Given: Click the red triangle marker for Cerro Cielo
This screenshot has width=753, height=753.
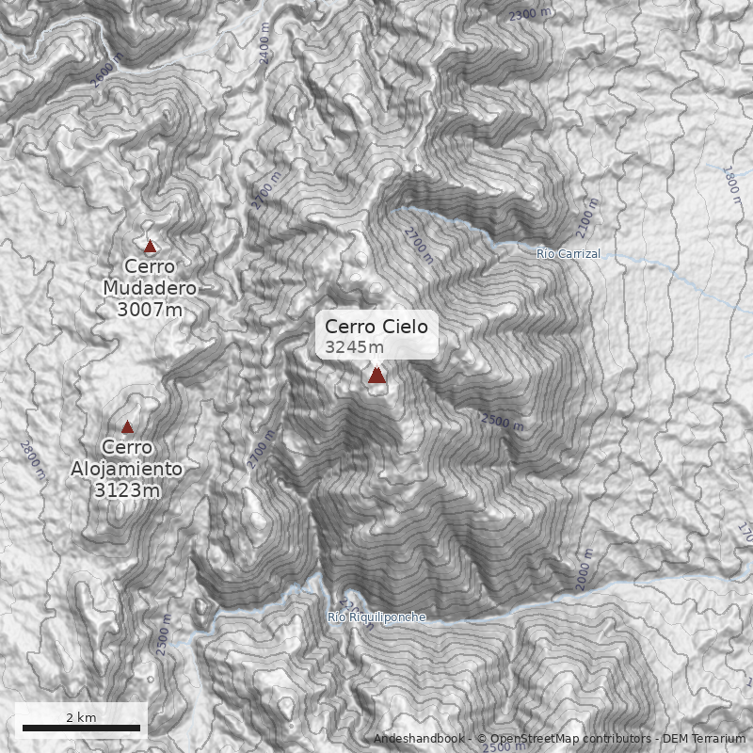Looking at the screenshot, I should tap(376, 376).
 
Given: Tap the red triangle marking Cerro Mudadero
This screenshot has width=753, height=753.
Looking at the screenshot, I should tap(150, 247).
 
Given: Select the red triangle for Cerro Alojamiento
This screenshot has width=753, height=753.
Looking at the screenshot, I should tap(127, 427).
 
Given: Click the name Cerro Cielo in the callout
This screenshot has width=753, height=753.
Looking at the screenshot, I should tap(376, 327).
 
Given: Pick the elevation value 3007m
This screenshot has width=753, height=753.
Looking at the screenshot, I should tap(151, 309).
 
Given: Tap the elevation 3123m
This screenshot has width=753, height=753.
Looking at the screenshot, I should tap(127, 489).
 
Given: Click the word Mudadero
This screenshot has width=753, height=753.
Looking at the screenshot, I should tap(151, 288).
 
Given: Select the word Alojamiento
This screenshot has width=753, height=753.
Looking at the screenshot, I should tap(127, 469).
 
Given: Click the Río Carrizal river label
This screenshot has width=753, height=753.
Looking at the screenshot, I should tap(568, 254).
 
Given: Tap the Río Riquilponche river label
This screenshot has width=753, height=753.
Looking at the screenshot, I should tap(376, 617).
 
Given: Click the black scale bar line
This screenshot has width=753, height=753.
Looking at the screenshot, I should tap(81, 729).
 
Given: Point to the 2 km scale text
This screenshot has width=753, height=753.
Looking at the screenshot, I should tap(81, 717).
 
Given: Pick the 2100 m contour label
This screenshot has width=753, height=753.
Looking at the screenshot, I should tap(587, 217).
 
